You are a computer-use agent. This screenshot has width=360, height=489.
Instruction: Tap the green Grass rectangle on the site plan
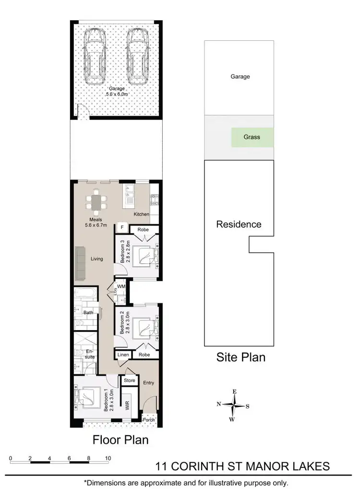(x=252, y=137)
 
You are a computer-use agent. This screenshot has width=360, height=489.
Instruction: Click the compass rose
(x=234, y=405)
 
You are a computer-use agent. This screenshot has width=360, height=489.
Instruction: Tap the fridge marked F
(x=122, y=227)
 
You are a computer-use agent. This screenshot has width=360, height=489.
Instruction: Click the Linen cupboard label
(x=123, y=355)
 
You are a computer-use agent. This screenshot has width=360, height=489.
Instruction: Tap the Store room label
(x=130, y=381)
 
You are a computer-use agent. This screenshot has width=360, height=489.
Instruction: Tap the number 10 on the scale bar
(x=108, y=458)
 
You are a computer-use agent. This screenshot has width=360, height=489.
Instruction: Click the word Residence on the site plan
(x=239, y=224)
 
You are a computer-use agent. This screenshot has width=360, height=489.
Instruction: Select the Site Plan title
(x=241, y=357)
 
